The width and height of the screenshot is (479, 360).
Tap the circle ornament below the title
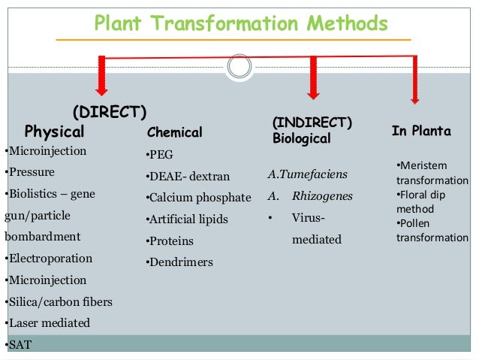point(239,67)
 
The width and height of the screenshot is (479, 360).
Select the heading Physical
point(55,132)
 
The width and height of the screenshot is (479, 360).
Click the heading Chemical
point(174,133)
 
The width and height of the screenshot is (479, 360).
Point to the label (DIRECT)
point(109,112)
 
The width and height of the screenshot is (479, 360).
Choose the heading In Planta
point(421,132)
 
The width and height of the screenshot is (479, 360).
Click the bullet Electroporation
point(50,259)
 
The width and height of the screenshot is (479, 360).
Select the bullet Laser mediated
point(49,323)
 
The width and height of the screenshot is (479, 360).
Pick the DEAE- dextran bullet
point(187,177)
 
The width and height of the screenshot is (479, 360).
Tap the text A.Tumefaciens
point(307,175)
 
